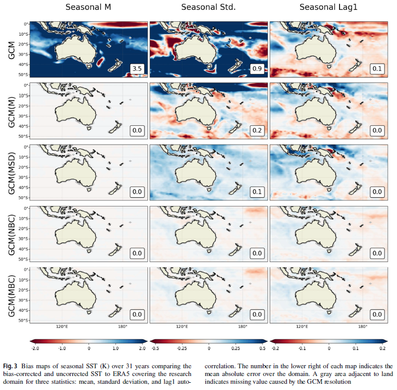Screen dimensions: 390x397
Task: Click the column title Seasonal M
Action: (x=89, y=7)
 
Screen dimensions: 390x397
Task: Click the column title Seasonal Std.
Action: (x=209, y=7)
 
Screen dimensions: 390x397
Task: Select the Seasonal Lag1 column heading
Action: (x=329, y=7)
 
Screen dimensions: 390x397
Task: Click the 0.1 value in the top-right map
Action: (x=377, y=69)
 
